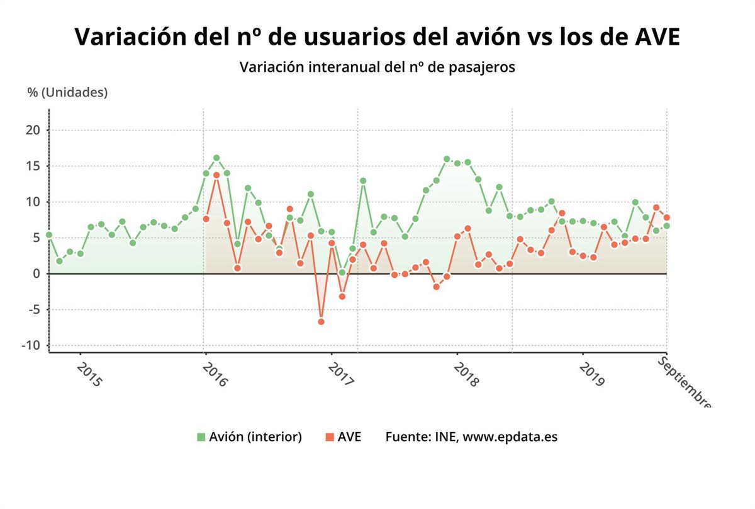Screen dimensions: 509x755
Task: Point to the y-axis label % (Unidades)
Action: click(x=67, y=93)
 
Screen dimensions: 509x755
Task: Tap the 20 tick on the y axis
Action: click(x=33, y=130)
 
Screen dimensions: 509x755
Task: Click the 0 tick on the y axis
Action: click(x=37, y=274)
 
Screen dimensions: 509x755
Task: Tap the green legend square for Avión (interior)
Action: click(x=201, y=437)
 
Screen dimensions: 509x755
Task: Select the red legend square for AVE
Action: click(x=329, y=437)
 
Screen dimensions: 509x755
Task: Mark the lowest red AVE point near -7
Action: click(x=321, y=321)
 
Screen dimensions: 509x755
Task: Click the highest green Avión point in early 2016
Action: click(x=216, y=158)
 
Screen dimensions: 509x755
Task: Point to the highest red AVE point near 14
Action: click(x=216, y=175)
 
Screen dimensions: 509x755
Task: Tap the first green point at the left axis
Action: click(x=49, y=235)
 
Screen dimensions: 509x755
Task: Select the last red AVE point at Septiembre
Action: click(x=666, y=218)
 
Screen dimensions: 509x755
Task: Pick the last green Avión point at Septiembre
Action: click(x=666, y=226)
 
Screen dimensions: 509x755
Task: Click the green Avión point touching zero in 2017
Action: click(x=342, y=272)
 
